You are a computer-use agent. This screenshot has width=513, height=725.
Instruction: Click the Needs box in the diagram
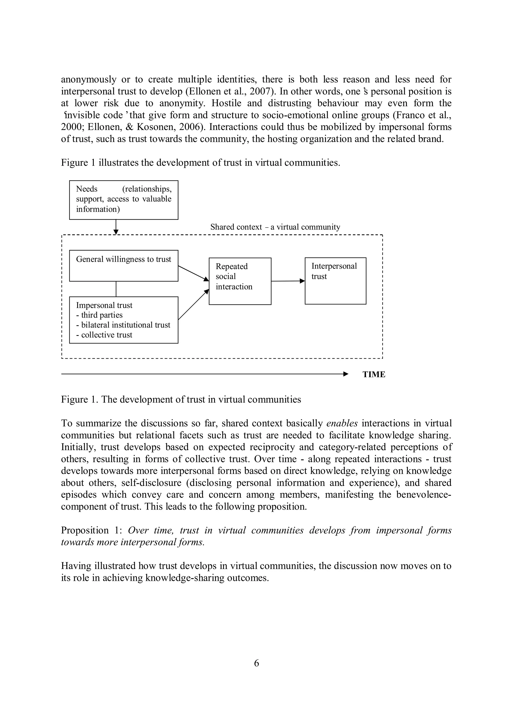pyautogui.click(x=123, y=200)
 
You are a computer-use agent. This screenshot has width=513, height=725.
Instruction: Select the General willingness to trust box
pyautogui.click(x=123, y=266)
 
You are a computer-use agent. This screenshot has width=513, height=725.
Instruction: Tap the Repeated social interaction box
pyautogui.click(x=240, y=281)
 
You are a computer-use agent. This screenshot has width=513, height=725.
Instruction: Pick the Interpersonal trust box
pyautogui.click(x=335, y=281)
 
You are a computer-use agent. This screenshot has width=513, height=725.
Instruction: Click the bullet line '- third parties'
pyautogui.click(x=99, y=315)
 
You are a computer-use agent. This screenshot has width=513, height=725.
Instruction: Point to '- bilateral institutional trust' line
pyautogui.click(x=123, y=325)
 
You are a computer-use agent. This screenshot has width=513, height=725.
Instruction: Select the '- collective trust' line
pyautogui.click(x=104, y=335)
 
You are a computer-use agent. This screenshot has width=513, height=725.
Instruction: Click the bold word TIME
pyautogui.click(x=374, y=374)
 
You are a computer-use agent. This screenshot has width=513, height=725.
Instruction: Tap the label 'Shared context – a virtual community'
pyautogui.click(x=275, y=227)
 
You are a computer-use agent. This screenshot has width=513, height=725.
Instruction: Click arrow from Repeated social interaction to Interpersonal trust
pyautogui.click(x=288, y=281)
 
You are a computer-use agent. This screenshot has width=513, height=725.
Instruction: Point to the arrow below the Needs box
pyautogui.click(x=116, y=227)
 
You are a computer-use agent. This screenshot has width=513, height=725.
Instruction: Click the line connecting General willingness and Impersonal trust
pyautogui.click(x=116, y=289)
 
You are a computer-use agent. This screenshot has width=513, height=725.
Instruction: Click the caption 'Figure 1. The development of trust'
pyautogui.click(x=181, y=399)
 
